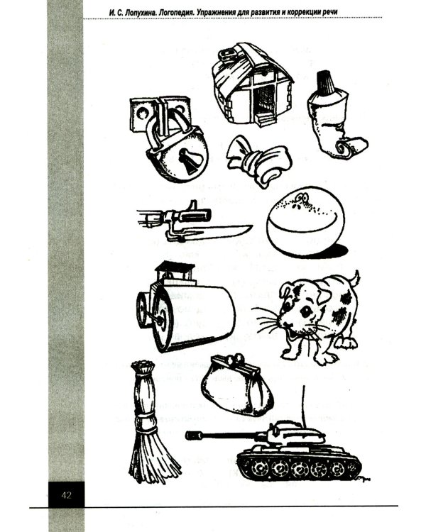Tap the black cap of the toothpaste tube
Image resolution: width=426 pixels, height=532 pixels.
(325, 82)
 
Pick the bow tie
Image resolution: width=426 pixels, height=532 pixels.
(258, 160)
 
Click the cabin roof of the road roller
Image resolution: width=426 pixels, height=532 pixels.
(175, 267)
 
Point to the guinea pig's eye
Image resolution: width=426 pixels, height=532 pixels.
(306, 311)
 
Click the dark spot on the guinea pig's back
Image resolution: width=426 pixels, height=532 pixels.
(346, 298)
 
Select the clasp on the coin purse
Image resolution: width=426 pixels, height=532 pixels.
(236, 360)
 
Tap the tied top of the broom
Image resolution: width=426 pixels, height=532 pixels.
(143, 367)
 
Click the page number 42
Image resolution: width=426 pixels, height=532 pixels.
(67, 495)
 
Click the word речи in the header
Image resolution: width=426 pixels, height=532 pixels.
(329, 13)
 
